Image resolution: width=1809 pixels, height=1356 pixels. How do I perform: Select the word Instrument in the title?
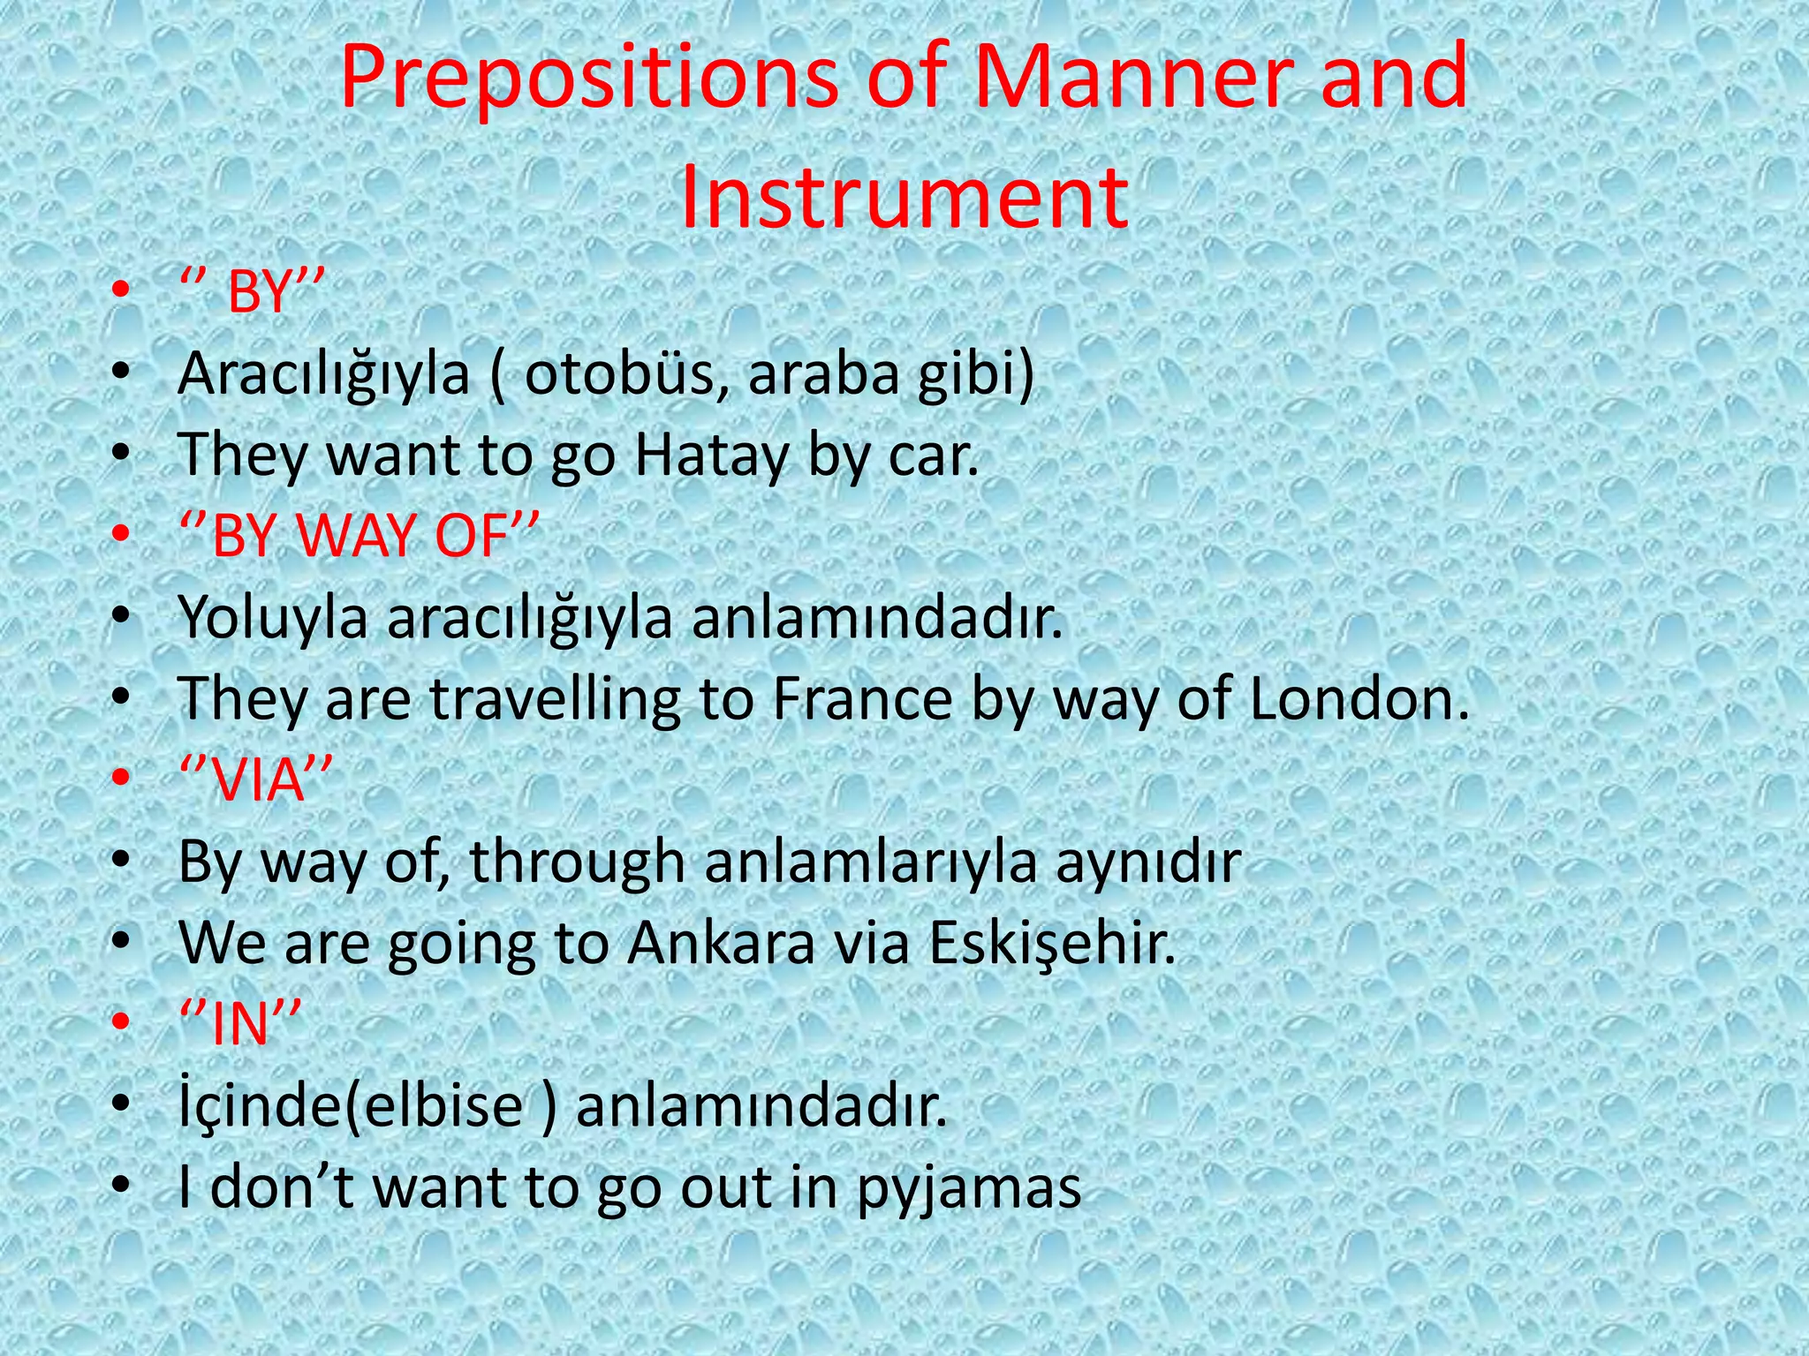tap(904, 196)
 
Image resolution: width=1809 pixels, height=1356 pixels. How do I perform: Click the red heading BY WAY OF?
tap(359, 536)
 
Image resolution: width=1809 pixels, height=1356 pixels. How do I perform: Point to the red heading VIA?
tap(255, 780)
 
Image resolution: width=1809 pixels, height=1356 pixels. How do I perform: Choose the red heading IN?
tap(240, 1023)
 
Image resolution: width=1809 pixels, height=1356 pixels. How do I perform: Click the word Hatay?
tap(711, 456)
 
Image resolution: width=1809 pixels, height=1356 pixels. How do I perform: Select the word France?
tap(862, 699)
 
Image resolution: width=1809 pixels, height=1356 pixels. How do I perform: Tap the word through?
tap(577, 862)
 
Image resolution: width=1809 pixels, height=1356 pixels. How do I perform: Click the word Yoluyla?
tap(273, 618)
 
